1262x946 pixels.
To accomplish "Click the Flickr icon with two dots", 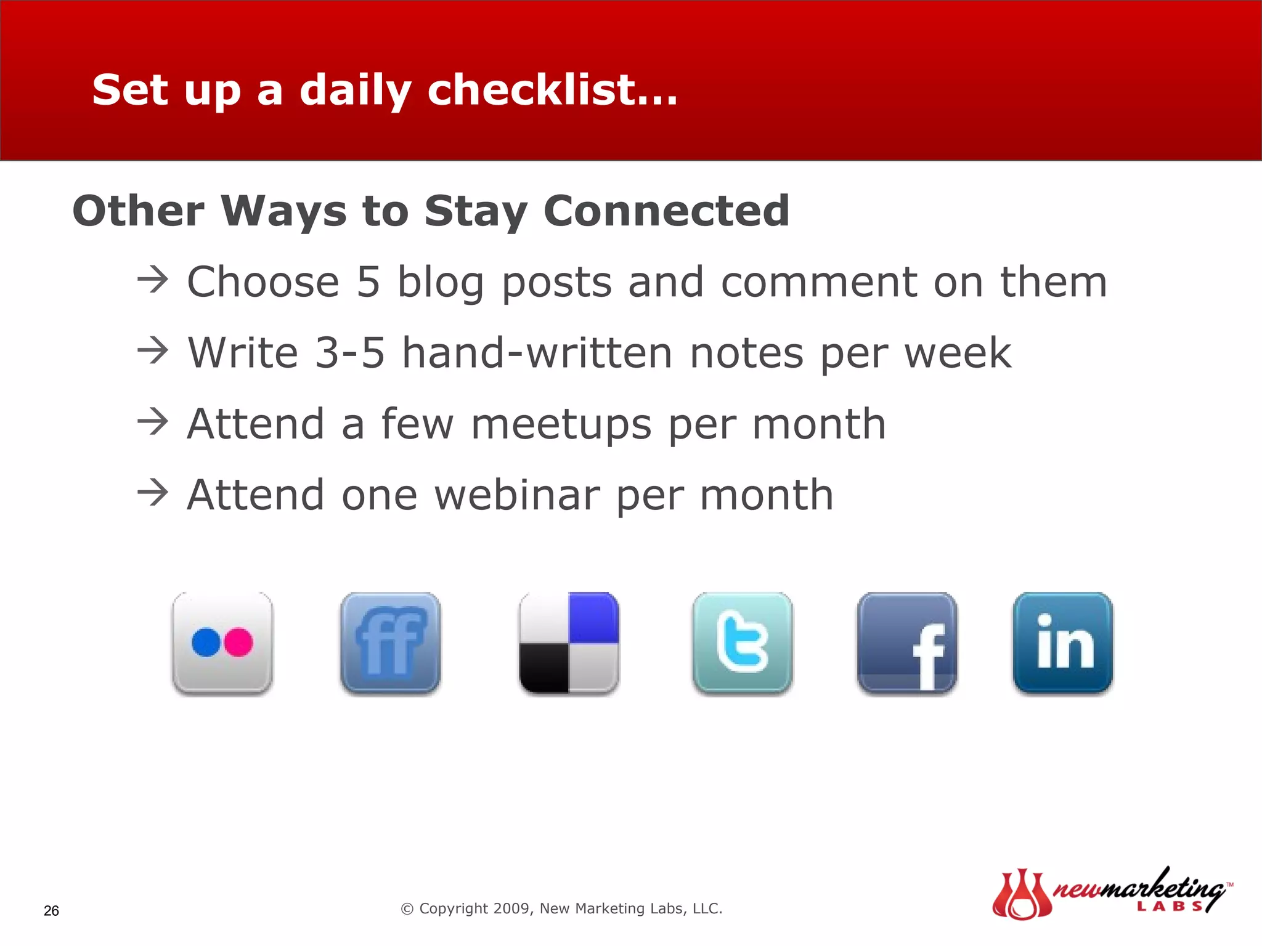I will [222, 643].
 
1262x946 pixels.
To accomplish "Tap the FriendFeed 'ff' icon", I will [391, 643].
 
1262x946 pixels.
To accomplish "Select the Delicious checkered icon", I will [569, 643].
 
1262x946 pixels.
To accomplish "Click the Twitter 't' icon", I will [743, 643].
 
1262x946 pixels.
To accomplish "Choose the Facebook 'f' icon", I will [907, 643].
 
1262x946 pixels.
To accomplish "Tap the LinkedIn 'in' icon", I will [1063, 643].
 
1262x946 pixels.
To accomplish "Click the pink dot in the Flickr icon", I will [238, 642].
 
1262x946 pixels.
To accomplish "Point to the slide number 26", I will [51, 911].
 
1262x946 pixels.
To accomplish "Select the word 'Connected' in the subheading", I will [666, 211].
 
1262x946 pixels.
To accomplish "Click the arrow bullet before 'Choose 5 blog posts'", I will [152, 280].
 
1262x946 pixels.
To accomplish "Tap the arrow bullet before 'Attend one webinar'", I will [152, 493].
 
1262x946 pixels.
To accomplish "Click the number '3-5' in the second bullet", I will [349, 353].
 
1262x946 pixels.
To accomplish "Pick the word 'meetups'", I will [561, 424].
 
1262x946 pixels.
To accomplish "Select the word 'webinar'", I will [517, 495].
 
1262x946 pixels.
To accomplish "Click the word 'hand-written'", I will [537, 353].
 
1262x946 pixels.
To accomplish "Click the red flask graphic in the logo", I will [1021, 896].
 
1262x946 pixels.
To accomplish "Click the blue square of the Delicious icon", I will [593, 618].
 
